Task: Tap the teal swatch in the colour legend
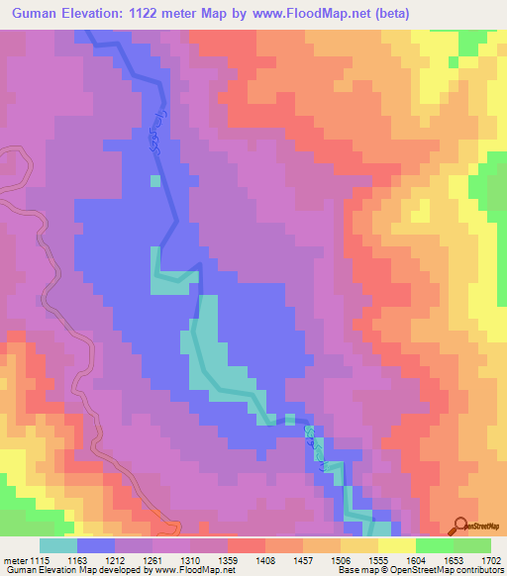tap(58, 546)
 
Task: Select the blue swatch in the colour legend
tap(96, 546)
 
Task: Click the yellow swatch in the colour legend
tap(396, 546)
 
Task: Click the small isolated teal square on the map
tap(153, 180)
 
